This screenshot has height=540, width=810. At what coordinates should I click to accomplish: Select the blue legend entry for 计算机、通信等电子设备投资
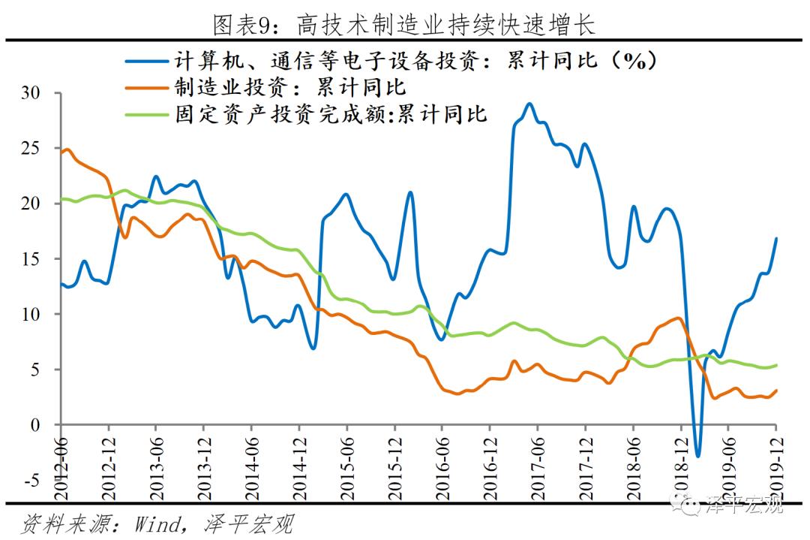coord(391,60)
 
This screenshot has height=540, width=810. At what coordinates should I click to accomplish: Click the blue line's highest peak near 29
coord(529,104)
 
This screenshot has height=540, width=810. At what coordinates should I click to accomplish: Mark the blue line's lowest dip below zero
coord(697,456)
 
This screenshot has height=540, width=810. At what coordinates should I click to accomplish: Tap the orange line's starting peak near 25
coord(67,149)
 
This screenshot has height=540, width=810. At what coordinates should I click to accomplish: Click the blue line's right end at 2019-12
coord(775,239)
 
